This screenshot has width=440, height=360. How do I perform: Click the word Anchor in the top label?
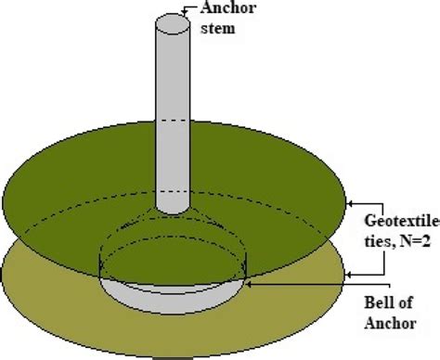click(x=227, y=10)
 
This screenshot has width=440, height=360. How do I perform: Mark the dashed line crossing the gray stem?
click(x=172, y=121)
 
